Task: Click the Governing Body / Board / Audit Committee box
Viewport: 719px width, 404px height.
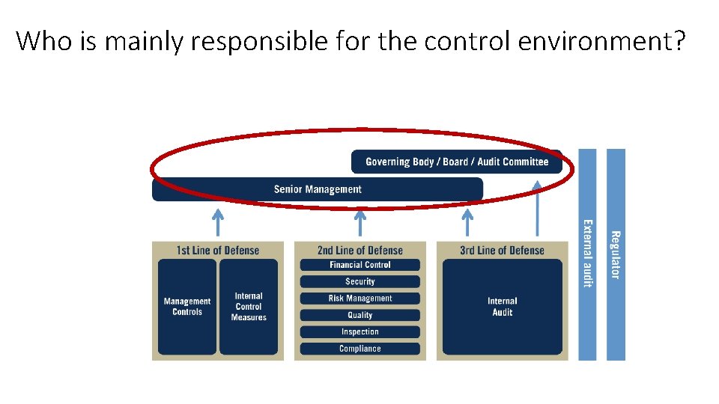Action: pyautogui.click(x=456, y=162)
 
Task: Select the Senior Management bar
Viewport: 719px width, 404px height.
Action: pyautogui.click(x=318, y=189)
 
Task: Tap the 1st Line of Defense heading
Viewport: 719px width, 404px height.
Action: pyautogui.click(x=217, y=251)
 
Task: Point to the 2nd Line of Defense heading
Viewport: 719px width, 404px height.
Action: pyautogui.click(x=359, y=251)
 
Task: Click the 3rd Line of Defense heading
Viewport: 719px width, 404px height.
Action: pyautogui.click(x=502, y=251)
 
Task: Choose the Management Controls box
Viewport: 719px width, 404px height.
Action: pyautogui.click(x=187, y=307)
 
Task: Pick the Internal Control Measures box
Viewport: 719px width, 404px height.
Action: pyautogui.click(x=249, y=307)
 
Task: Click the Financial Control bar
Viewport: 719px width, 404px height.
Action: pyautogui.click(x=359, y=265)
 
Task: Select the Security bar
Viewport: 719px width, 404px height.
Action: pyautogui.click(x=359, y=281)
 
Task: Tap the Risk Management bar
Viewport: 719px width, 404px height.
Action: pyautogui.click(x=359, y=299)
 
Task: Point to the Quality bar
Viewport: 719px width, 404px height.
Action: pyautogui.click(x=359, y=315)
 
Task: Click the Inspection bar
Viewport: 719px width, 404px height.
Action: pyautogui.click(x=359, y=331)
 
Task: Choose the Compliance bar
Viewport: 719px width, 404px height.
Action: pyautogui.click(x=359, y=349)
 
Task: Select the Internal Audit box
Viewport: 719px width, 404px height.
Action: pyautogui.click(x=502, y=307)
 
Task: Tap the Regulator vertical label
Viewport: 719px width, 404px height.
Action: pyautogui.click(x=616, y=254)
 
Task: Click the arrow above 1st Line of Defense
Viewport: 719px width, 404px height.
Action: pyautogui.click(x=217, y=221)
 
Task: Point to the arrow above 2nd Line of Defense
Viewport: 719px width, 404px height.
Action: pyautogui.click(x=359, y=221)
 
